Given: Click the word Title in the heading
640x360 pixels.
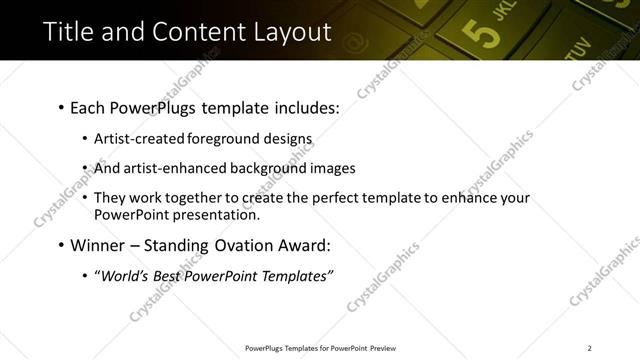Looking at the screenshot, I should pyautogui.click(x=69, y=31).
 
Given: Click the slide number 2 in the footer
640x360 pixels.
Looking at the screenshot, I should pyautogui.click(x=589, y=347).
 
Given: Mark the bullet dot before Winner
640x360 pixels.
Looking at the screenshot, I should pyautogui.click(x=60, y=245).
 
